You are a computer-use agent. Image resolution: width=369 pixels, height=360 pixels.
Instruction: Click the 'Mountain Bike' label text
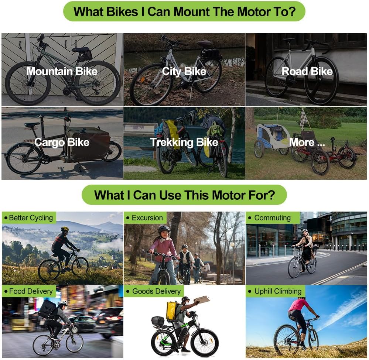(x=62, y=71)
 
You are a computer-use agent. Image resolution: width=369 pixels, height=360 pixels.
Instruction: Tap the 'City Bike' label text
(x=184, y=71)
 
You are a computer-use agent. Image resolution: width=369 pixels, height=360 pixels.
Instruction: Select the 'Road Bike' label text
(x=307, y=71)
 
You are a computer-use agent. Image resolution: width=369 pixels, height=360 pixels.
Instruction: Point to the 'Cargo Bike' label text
(x=62, y=142)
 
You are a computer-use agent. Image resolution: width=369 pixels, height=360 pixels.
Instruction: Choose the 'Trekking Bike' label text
(x=184, y=142)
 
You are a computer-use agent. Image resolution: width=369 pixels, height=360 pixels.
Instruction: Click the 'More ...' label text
(x=307, y=142)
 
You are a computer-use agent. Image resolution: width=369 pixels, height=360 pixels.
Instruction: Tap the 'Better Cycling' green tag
(x=29, y=218)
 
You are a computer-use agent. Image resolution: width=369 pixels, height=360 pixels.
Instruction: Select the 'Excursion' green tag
(x=145, y=218)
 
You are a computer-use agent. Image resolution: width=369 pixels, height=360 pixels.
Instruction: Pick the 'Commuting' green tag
(x=273, y=218)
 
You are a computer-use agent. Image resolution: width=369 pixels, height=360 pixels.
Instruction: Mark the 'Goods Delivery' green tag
(x=154, y=291)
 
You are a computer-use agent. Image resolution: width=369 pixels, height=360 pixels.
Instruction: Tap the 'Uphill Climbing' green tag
(x=276, y=291)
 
